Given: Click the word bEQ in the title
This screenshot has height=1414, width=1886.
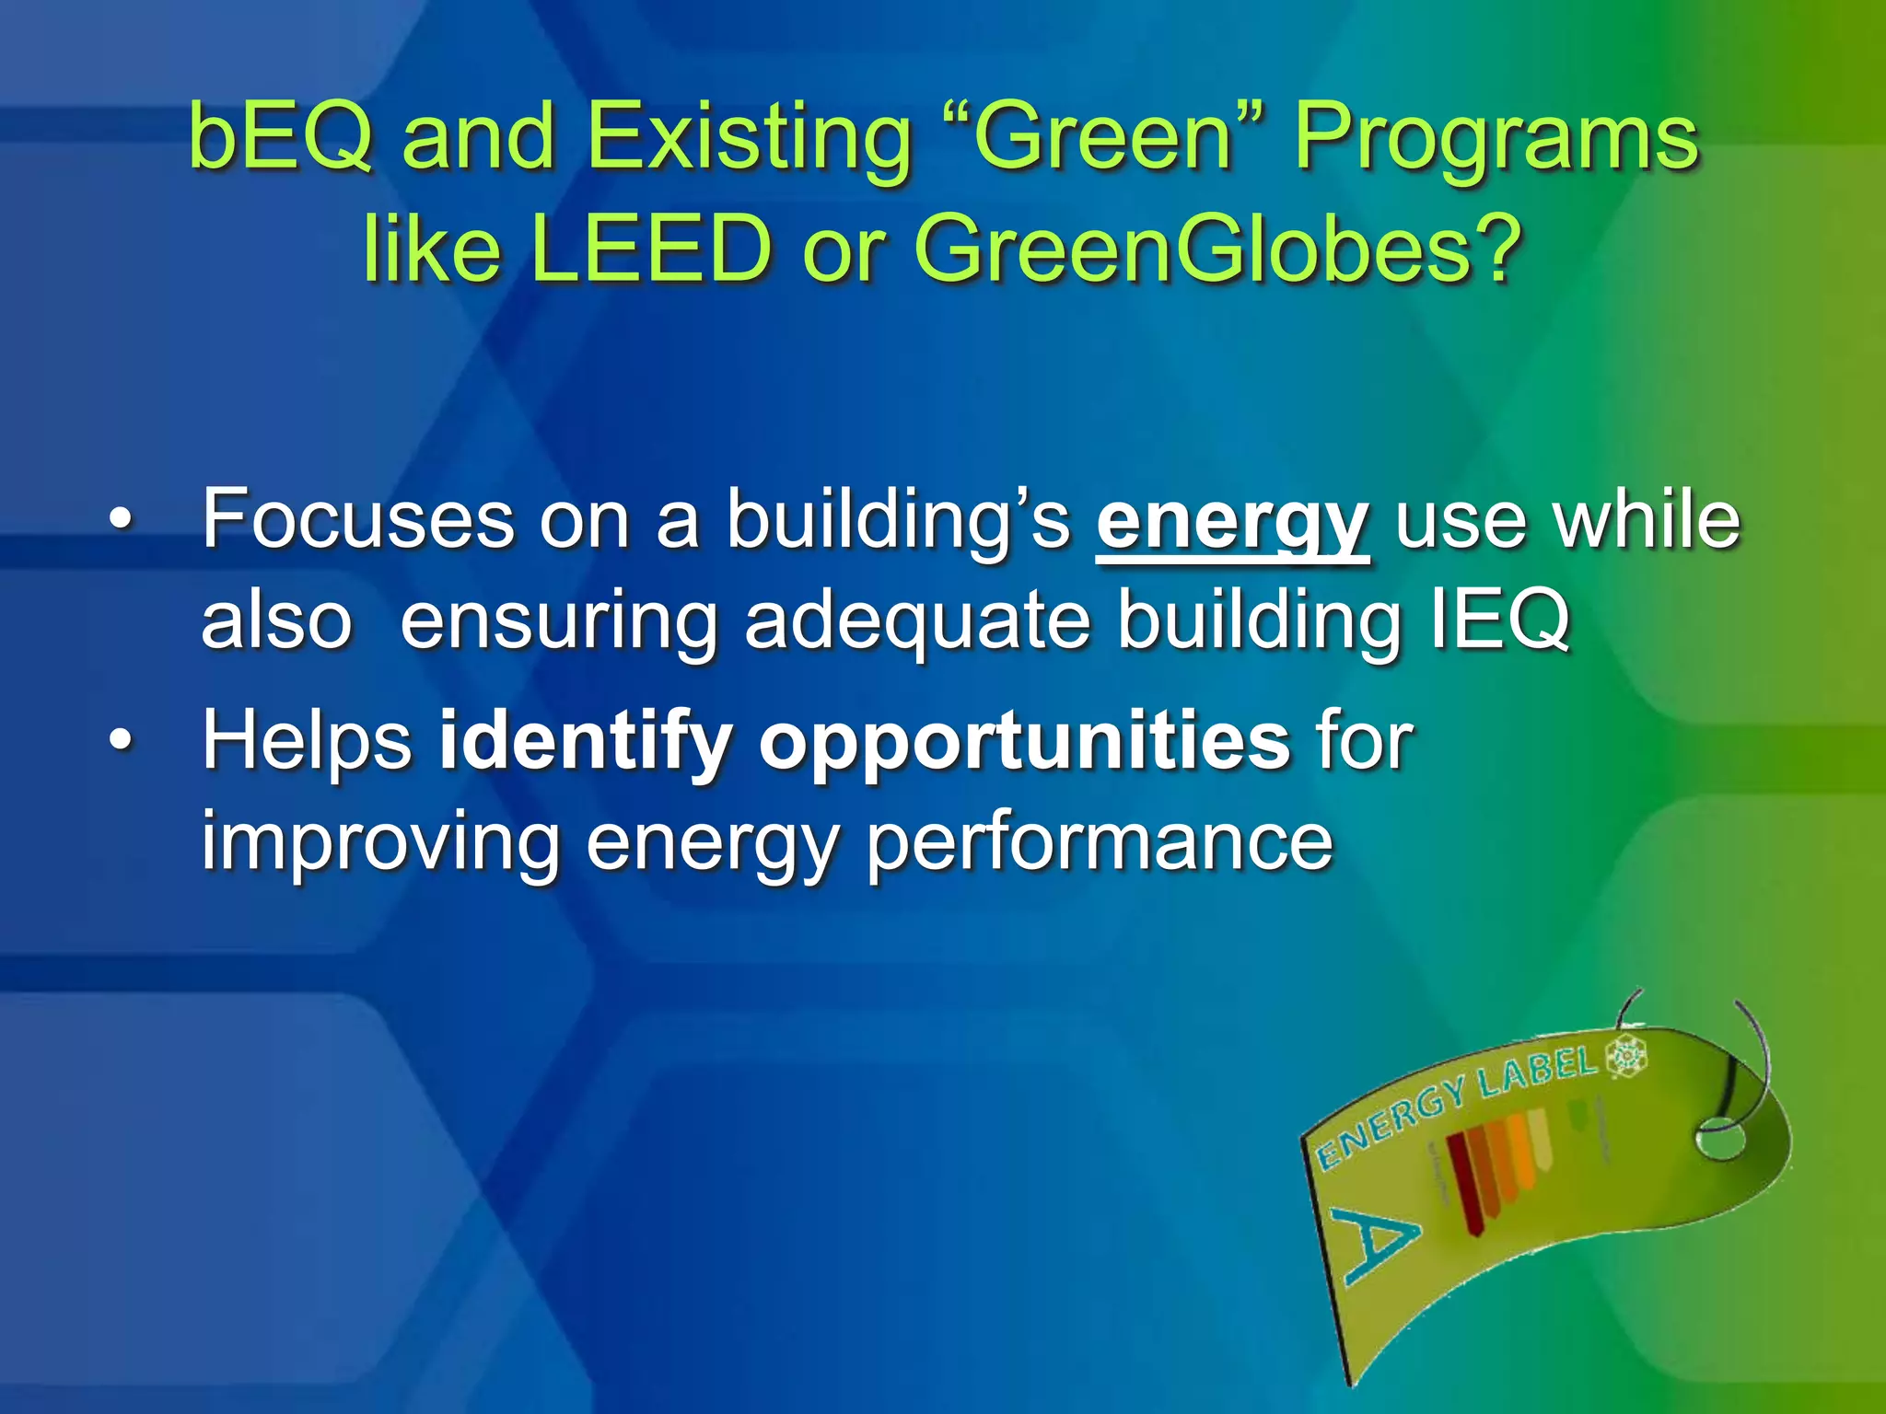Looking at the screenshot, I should [x=280, y=138].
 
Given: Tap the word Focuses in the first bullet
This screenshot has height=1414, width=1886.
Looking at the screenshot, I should [x=356, y=520].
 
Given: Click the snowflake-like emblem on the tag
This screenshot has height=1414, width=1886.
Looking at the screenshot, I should [x=1625, y=1056].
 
